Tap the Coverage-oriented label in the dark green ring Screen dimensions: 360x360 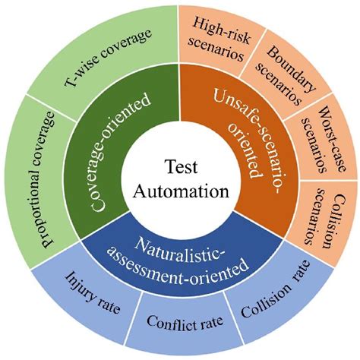(x=122, y=152)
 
